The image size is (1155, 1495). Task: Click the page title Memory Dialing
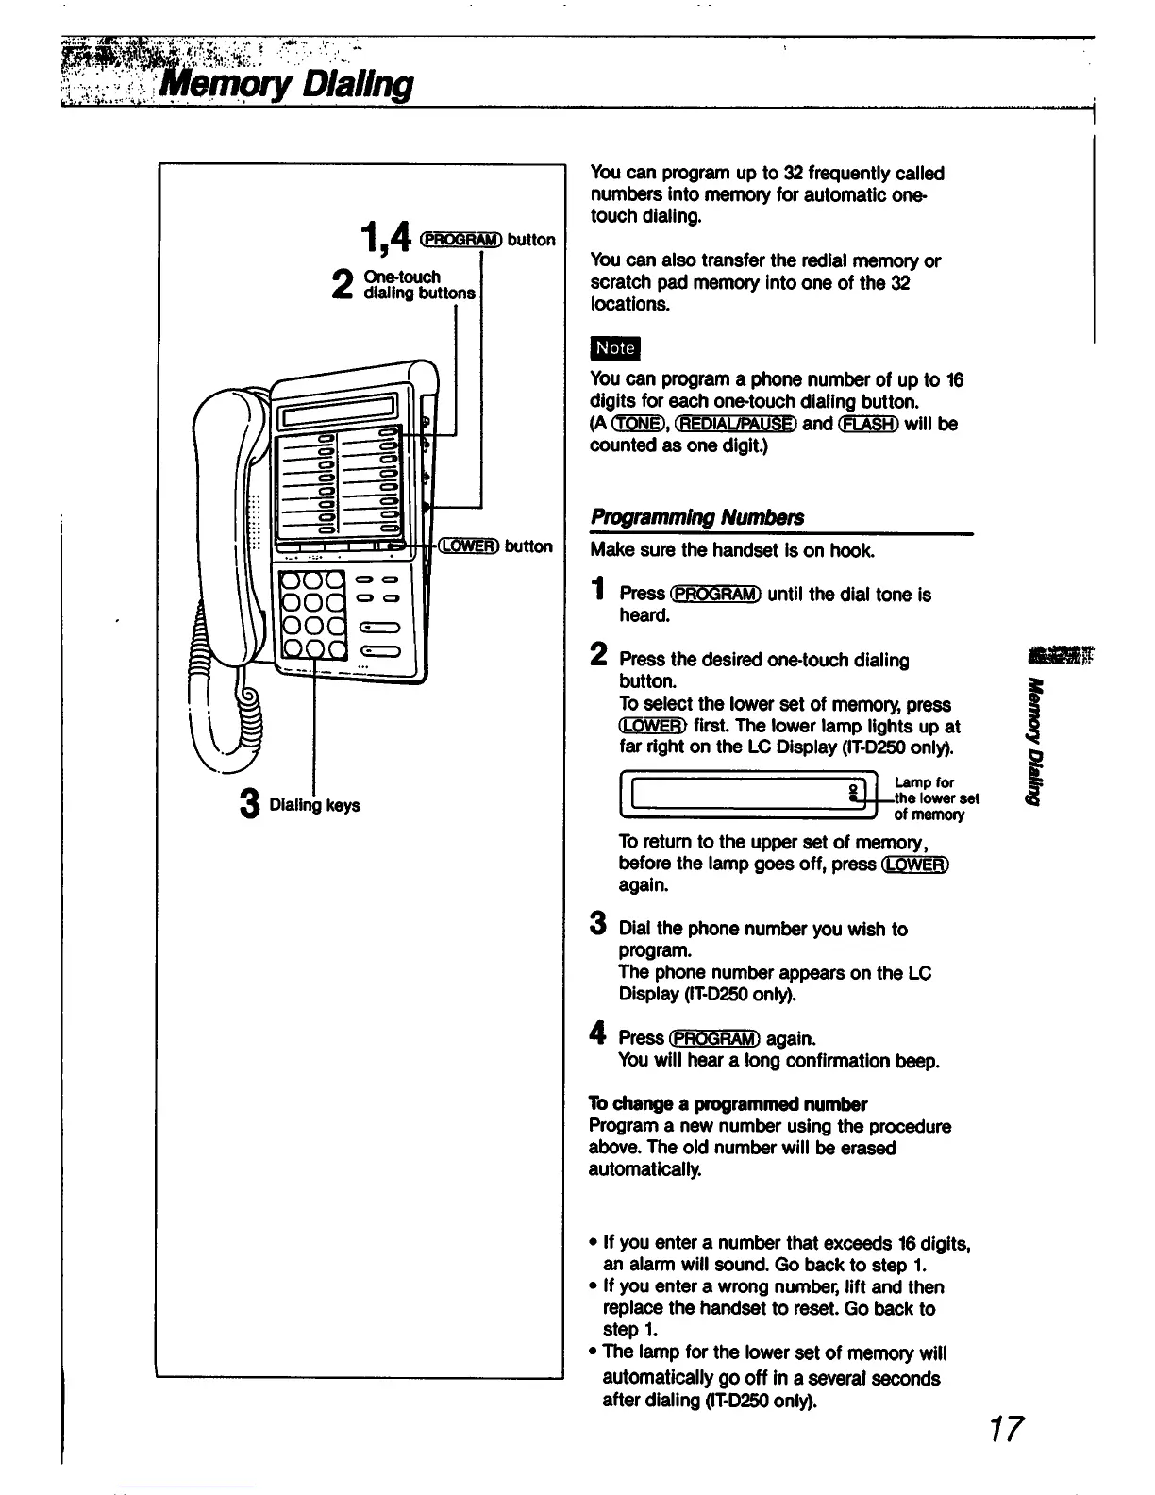[x=287, y=85]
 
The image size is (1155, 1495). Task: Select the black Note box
[x=614, y=347]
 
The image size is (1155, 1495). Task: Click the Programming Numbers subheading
[x=697, y=517]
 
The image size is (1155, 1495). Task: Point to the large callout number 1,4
[x=384, y=236]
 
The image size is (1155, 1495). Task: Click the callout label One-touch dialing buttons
[x=418, y=285]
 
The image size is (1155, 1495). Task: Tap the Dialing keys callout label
[x=314, y=805]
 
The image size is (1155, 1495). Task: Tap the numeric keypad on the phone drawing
[x=314, y=612]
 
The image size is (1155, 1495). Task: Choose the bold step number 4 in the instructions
[x=597, y=1035]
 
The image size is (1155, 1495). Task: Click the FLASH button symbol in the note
[x=868, y=424]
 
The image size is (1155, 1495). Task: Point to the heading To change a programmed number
[x=728, y=1103]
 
